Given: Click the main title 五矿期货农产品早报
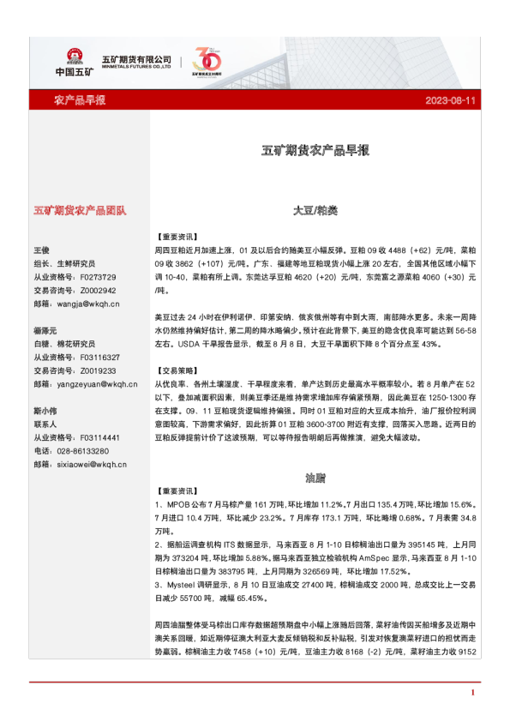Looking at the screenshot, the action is (315, 150).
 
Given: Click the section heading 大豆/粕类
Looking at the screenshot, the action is (315, 209).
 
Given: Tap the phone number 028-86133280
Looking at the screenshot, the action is (83, 451).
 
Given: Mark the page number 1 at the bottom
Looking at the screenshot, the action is (472, 691).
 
